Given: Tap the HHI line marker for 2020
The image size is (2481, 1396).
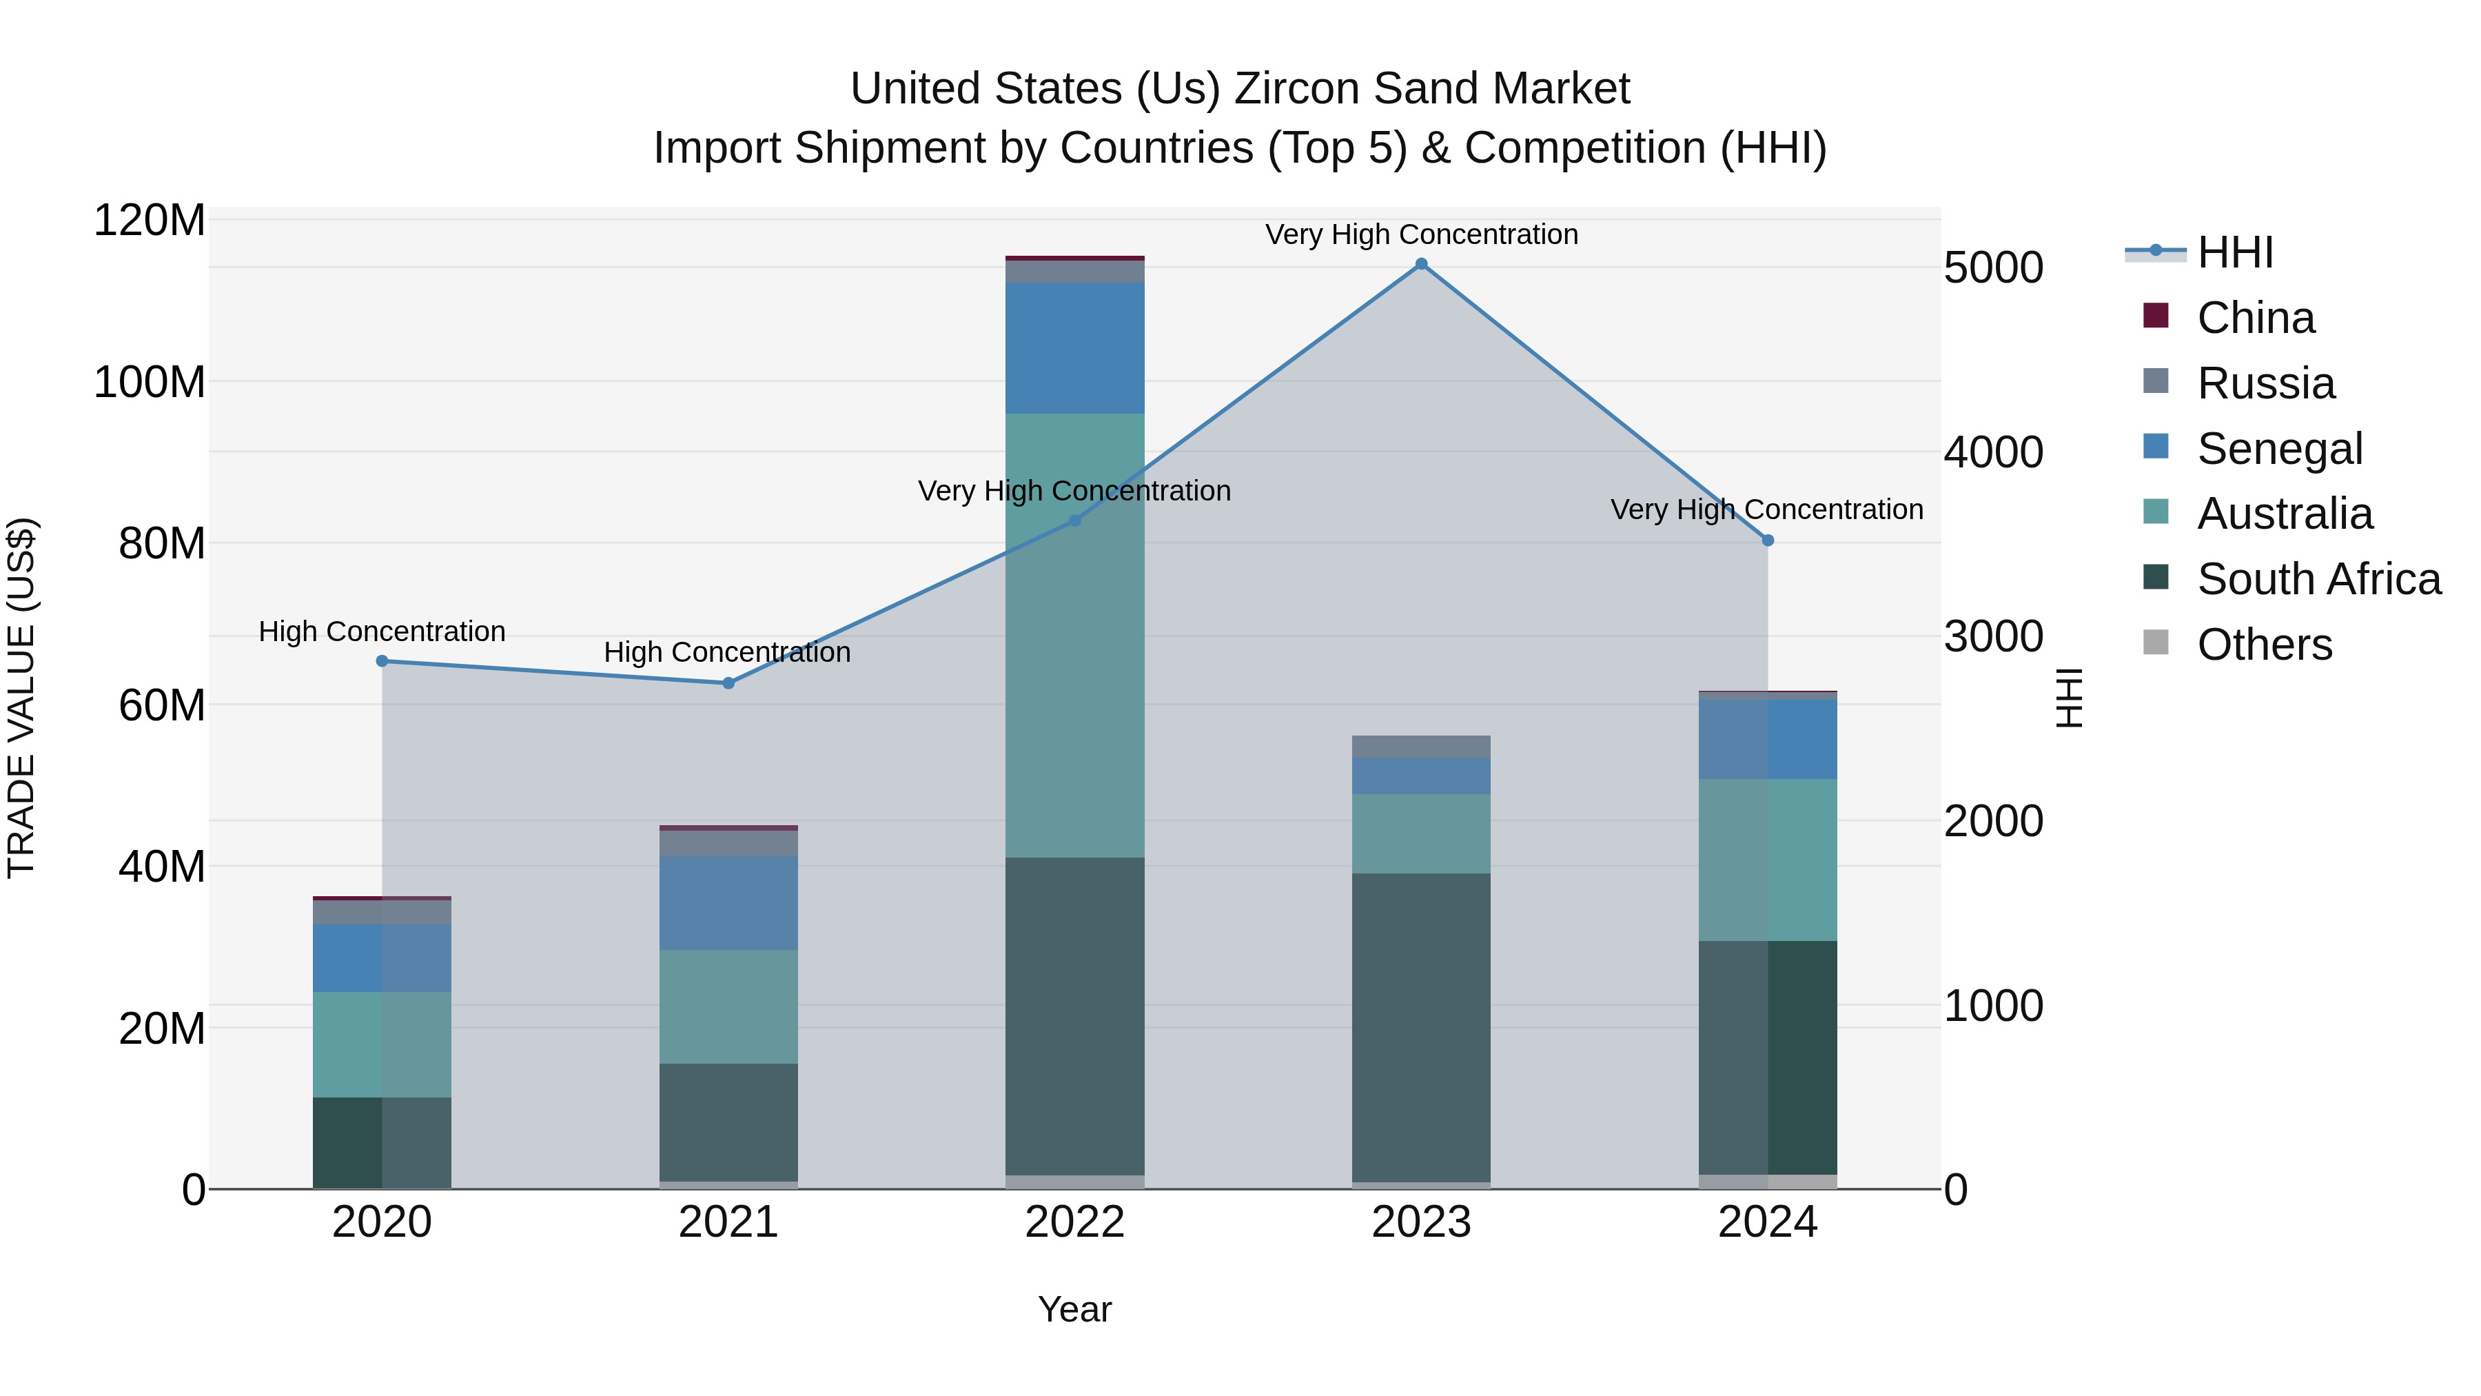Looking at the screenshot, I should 382,661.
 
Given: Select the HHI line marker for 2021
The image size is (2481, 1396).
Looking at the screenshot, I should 728,683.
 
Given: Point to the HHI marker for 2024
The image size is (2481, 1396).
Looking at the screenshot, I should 1767,540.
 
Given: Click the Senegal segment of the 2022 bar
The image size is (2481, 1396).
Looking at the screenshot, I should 1075,348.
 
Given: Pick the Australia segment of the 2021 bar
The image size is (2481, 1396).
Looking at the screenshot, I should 728,1006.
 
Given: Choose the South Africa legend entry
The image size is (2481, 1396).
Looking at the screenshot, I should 2317,579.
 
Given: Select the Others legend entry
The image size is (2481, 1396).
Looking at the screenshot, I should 2263,645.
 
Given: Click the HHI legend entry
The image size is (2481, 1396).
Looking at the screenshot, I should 2234,252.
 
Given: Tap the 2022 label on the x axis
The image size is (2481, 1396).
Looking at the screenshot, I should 1075,1222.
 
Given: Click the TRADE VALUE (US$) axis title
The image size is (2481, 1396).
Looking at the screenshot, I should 22,698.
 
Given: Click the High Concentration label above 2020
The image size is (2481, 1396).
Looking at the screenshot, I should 382,632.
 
